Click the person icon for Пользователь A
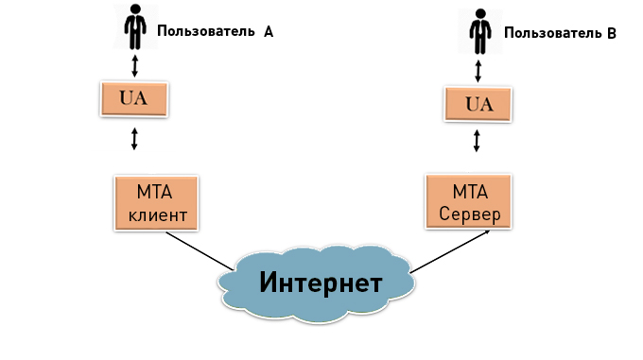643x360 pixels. click(x=135, y=27)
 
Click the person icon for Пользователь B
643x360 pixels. click(x=480, y=30)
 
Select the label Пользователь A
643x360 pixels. click(x=215, y=31)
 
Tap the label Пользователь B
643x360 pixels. click(x=560, y=33)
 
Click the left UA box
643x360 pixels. click(x=134, y=97)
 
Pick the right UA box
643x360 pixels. click(x=480, y=103)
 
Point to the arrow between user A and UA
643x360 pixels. click(x=134, y=64)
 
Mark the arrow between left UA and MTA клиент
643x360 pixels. click(x=134, y=139)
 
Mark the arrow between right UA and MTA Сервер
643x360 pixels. click(x=477, y=142)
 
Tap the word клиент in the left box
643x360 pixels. click(x=157, y=215)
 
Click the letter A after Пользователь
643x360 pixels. click(x=268, y=31)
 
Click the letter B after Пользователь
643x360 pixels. click(x=611, y=33)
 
